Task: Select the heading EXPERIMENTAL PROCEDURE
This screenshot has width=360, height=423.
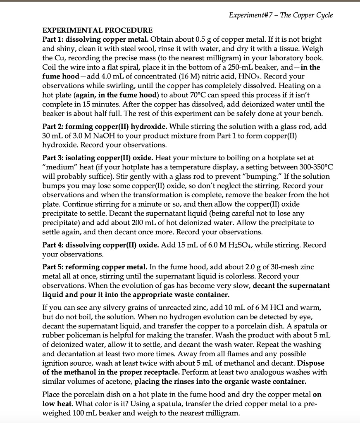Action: [x=98, y=30]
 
